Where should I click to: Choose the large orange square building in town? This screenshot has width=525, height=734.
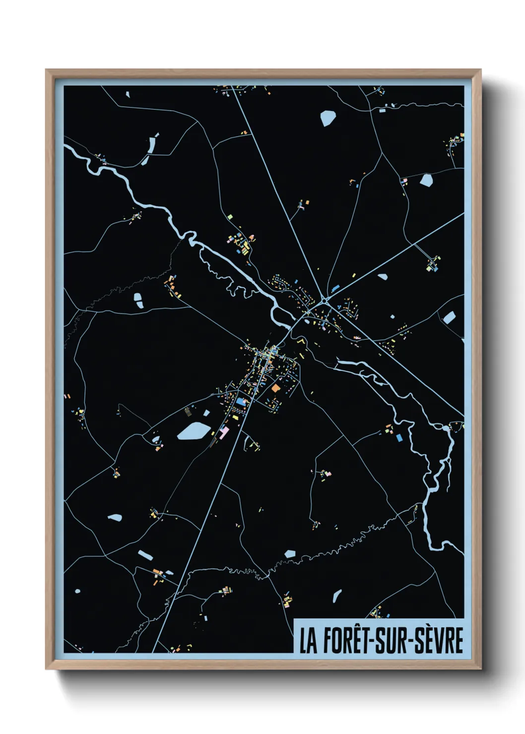(275, 388)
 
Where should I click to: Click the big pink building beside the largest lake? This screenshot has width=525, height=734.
(224, 432)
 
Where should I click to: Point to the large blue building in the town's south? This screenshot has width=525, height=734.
(242, 401)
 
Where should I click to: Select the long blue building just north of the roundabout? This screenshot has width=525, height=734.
(335, 288)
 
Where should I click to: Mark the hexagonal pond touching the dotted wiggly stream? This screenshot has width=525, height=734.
(290, 553)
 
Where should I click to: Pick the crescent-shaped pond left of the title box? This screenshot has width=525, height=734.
(337, 596)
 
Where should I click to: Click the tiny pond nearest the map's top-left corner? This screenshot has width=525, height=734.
(128, 94)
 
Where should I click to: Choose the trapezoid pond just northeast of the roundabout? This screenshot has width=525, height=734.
(382, 276)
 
